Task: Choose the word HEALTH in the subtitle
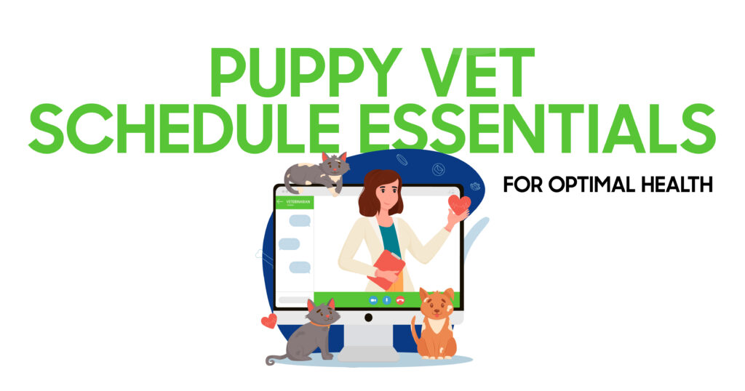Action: pos(677,184)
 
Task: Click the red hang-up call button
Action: pos(401,300)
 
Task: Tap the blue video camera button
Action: pos(373,300)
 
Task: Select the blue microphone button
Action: pos(387,300)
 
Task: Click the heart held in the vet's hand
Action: pos(459,205)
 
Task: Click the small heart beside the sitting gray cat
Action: pos(269,321)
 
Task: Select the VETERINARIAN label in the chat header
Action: pos(298,201)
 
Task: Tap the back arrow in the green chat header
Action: pos(280,201)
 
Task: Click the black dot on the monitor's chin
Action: pos(368,318)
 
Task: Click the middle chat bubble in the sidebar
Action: pos(289,244)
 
